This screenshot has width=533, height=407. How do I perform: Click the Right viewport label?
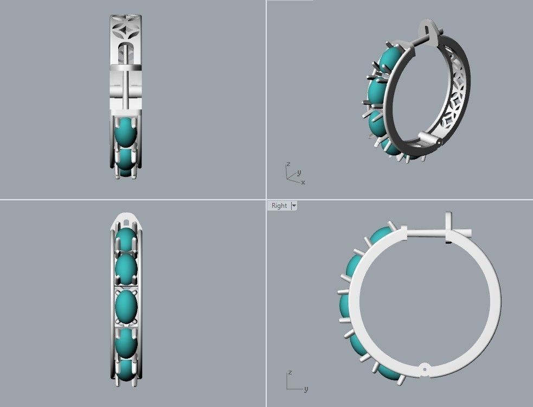(x=279, y=206)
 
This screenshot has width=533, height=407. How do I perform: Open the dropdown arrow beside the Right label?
(x=294, y=206)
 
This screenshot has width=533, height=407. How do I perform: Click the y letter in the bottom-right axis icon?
(x=306, y=389)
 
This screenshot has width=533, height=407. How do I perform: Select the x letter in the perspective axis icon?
(x=303, y=182)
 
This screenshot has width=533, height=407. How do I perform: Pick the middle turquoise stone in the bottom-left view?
(x=126, y=306)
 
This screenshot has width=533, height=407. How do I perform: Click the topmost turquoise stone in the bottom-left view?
(x=126, y=239)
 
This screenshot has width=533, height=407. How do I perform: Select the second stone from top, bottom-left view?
(x=126, y=269)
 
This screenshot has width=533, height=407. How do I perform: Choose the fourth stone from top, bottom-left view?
(x=126, y=341)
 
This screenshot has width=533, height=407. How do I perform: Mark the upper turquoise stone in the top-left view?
(x=126, y=132)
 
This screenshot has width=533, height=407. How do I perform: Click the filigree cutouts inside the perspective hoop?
(x=453, y=103)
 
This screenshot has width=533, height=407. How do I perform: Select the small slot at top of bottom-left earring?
(x=126, y=221)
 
